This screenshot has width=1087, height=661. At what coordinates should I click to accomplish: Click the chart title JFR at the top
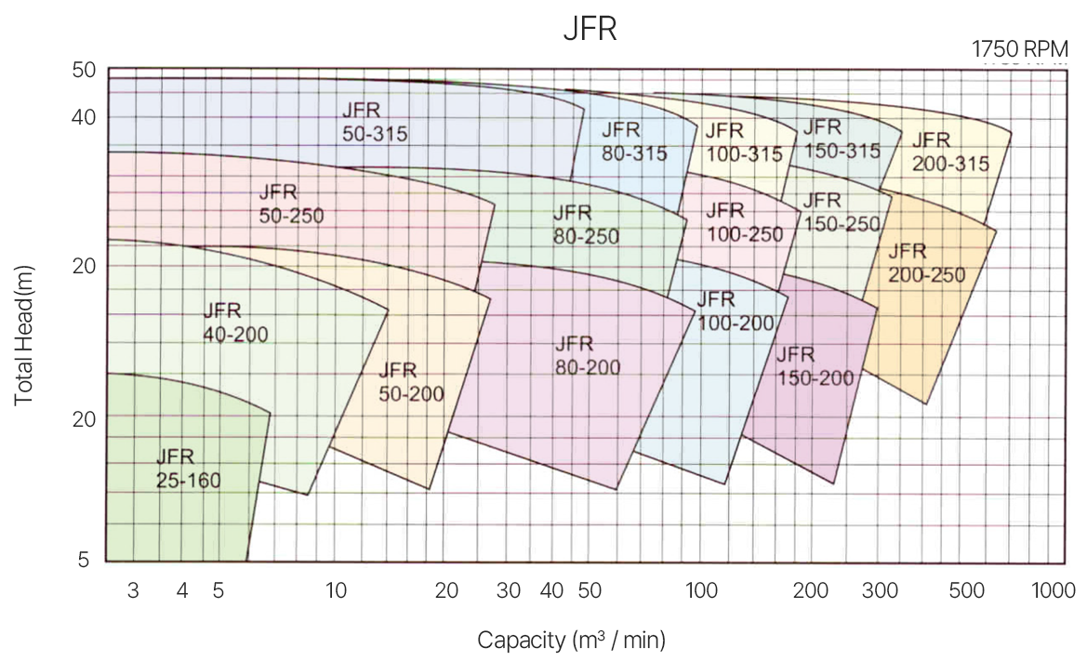tap(590, 28)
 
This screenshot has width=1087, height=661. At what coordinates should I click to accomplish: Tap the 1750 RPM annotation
tap(1019, 49)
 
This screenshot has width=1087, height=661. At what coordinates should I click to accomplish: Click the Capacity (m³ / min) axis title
tap(571, 640)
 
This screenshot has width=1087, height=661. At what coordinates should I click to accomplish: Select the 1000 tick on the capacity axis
tap(1053, 591)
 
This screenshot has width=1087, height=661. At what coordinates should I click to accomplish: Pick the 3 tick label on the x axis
tap(133, 591)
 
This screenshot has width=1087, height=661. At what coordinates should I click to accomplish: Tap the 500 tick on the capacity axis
tap(967, 591)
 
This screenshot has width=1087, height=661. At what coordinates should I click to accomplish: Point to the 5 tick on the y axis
tap(84, 560)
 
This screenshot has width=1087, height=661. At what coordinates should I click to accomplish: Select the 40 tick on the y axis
tap(84, 118)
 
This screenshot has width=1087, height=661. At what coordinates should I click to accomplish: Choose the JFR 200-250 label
tap(926, 264)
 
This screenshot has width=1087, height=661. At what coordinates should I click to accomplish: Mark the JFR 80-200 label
tap(587, 355)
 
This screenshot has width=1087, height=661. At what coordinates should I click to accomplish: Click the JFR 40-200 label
tap(234, 322)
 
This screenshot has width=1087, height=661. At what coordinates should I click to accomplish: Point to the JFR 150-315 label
tap(841, 139)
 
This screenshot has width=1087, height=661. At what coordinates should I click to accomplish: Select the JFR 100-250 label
tap(744, 223)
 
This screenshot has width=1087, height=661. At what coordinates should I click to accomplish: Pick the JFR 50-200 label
tap(410, 381)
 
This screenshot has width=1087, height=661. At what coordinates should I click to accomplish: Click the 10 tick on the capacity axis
tap(336, 591)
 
